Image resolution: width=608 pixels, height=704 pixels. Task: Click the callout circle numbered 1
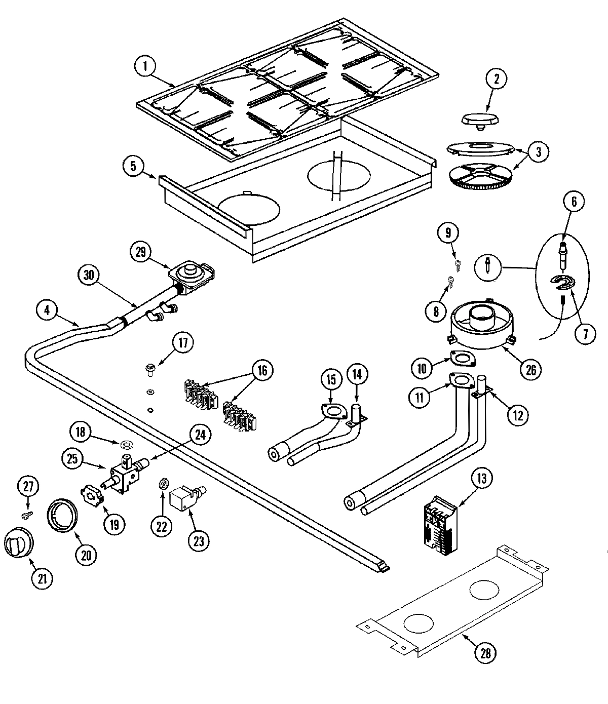coord(146,67)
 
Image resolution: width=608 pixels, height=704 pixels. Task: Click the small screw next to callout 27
coord(27,516)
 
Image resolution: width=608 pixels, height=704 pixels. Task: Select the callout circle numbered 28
coord(485,653)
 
